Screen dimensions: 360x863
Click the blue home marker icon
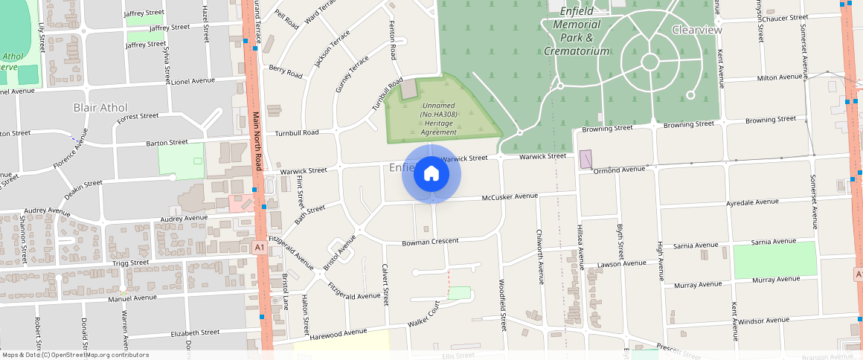[x=431, y=174]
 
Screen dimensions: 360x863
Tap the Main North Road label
[x=257, y=141]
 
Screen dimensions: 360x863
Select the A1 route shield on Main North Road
[x=260, y=247]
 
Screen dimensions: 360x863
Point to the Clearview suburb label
[x=696, y=30]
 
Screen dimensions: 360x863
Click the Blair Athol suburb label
[x=100, y=107]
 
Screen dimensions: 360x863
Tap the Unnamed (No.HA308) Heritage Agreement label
[x=438, y=119]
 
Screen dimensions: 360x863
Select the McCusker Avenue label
[x=510, y=196]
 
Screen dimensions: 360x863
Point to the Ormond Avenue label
[x=619, y=170]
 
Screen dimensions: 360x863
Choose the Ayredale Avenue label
[x=751, y=202]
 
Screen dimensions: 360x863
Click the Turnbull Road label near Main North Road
[x=297, y=132]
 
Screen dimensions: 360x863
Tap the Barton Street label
[x=167, y=142]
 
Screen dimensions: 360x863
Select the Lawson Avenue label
[x=622, y=263]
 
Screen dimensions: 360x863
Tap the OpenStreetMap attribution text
[x=76, y=355]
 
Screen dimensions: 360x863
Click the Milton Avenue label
[x=779, y=77]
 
